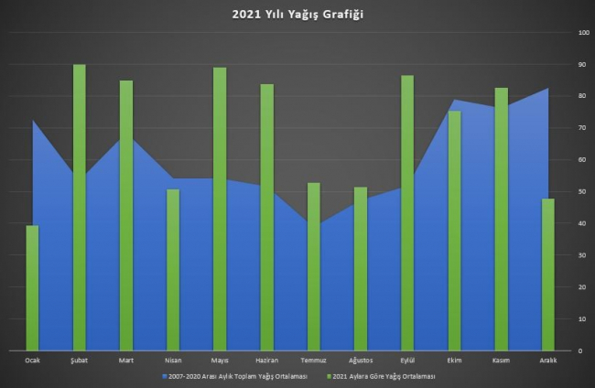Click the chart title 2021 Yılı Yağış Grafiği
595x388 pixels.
tap(297, 15)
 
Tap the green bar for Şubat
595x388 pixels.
tap(80, 208)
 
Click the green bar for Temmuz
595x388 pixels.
tap(314, 266)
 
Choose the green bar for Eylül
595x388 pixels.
tap(407, 212)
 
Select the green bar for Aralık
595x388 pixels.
tap(547, 275)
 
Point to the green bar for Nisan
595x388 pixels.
tap(173, 270)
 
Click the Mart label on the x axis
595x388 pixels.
tap(126, 361)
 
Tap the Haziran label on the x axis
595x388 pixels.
tap(266, 361)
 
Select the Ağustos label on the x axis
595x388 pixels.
tap(360, 361)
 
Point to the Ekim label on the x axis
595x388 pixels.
tap(454, 361)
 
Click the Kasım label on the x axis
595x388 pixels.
tap(501, 361)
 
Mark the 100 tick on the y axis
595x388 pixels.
tap(583, 33)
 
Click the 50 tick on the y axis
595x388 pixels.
tap(582, 192)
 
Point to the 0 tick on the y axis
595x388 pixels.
tap(580, 350)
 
